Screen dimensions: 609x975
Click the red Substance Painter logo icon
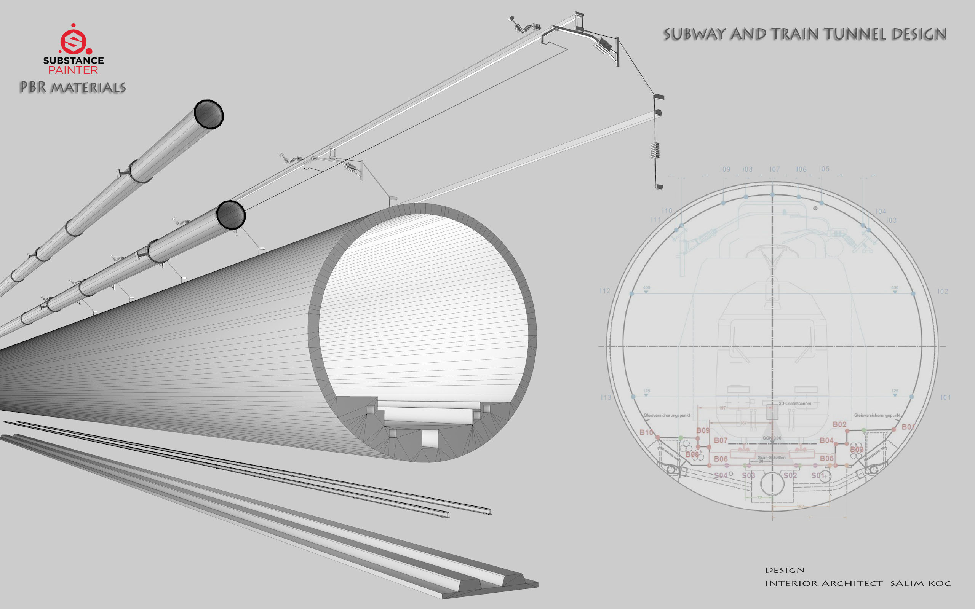point(74,40)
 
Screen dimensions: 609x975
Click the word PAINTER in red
point(74,70)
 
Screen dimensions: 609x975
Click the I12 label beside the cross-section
point(605,291)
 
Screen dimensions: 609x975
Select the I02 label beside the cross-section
point(942,291)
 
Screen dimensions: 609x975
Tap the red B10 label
point(646,432)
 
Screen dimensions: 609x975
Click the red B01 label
point(908,427)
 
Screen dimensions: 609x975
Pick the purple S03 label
point(748,475)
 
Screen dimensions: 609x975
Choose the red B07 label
point(721,440)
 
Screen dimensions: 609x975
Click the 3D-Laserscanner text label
point(794,403)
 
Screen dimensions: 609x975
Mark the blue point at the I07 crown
point(772,195)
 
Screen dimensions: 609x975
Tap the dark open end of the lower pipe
point(231,215)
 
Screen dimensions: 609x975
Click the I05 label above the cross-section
point(824,169)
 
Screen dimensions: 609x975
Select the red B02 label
point(840,424)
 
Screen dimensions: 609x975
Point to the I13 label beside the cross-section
point(606,397)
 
